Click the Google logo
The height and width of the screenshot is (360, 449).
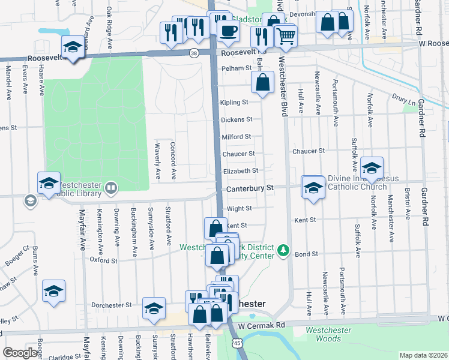pyautogui.click(x=20, y=353)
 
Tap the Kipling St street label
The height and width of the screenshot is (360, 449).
pyautogui.click(x=235, y=103)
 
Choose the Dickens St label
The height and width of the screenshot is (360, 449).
pyautogui.click(x=237, y=120)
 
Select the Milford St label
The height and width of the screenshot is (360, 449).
pyautogui.click(x=237, y=137)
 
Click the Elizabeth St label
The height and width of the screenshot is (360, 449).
pyautogui.click(x=240, y=171)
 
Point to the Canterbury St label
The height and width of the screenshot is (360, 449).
pyautogui.click(x=250, y=188)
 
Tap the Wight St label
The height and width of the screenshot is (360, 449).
pyautogui.click(x=239, y=208)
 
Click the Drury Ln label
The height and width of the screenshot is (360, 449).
pyautogui.click(x=403, y=100)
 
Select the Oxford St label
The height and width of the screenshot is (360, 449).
pyautogui.click(x=103, y=260)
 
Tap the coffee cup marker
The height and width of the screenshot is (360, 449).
pyautogui.click(x=228, y=31)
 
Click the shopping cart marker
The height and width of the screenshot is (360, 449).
pyautogui.click(x=286, y=36)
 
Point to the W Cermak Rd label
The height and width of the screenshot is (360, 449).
pyautogui.click(x=262, y=325)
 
